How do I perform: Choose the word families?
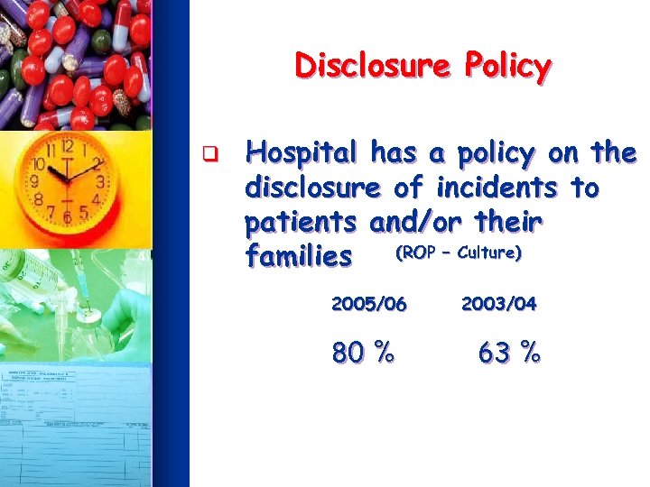click(x=298, y=258)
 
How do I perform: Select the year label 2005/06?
click(x=369, y=304)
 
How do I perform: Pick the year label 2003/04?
click(x=499, y=304)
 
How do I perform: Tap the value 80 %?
click(x=363, y=354)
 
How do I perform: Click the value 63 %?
click(x=509, y=354)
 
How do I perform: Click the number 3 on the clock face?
click(x=100, y=183)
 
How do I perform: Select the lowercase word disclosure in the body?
click(x=313, y=188)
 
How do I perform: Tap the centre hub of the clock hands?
click(x=67, y=179)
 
